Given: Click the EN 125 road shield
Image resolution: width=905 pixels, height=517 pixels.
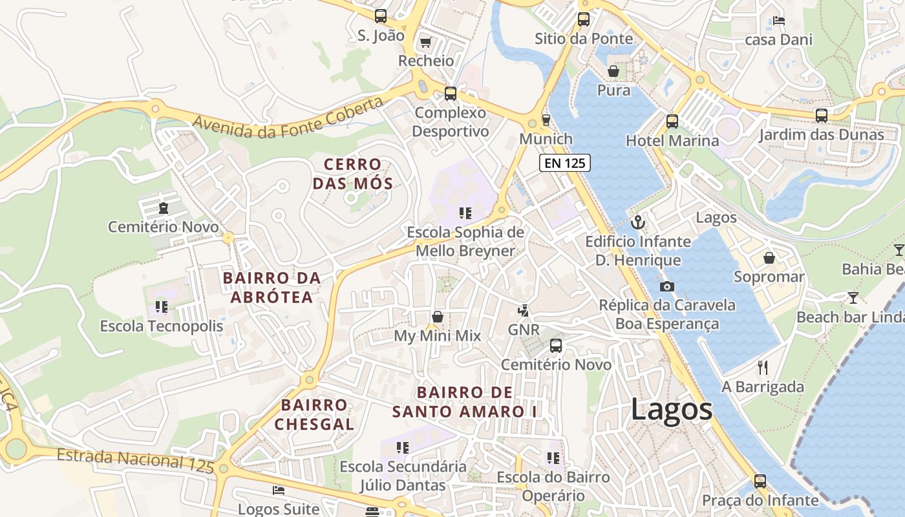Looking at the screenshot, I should (x=564, y=164).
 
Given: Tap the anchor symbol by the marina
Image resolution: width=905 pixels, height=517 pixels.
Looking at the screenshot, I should (x=638, y=222).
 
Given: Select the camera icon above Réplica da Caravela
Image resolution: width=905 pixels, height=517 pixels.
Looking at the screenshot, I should (x=666, y=286).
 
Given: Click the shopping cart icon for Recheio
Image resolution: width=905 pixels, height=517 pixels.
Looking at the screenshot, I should (x=425, y=43).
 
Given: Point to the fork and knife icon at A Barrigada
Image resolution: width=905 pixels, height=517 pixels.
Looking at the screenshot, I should (x=763, y=368).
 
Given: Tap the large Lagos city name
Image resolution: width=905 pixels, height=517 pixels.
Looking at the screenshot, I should (x=671, y=410).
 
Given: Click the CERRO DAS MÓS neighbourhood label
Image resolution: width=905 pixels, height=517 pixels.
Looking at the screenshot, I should (x=352, y=174).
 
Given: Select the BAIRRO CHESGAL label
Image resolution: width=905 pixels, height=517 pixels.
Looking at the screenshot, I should (x=314, y=414).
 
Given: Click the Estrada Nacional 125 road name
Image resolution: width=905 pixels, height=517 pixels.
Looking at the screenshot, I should (x=135, y=459).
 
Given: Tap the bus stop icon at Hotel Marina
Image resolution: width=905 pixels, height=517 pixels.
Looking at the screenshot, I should (x=672, y=121).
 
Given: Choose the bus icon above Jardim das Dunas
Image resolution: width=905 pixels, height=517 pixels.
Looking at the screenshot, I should (x=821, y=116).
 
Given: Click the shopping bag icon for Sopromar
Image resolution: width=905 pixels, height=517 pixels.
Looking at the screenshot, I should (x=769, y=258).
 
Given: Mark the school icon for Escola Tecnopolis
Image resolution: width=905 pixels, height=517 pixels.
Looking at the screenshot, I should (x=161, y=306).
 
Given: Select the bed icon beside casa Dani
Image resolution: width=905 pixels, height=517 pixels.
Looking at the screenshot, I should (x=778, y=21).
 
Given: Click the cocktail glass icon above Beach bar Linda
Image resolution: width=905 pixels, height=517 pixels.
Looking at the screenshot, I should (x=853, y=297).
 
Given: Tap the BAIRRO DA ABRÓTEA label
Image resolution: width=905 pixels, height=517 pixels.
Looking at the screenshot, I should (x=271, y=288).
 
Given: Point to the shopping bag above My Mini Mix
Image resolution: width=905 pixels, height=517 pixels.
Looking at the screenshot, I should (x=438, y=317).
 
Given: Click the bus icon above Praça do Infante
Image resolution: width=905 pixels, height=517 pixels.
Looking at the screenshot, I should (x=760, y=481).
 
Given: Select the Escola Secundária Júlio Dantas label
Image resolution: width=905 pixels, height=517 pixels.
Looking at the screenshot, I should (x=403, y=476).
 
